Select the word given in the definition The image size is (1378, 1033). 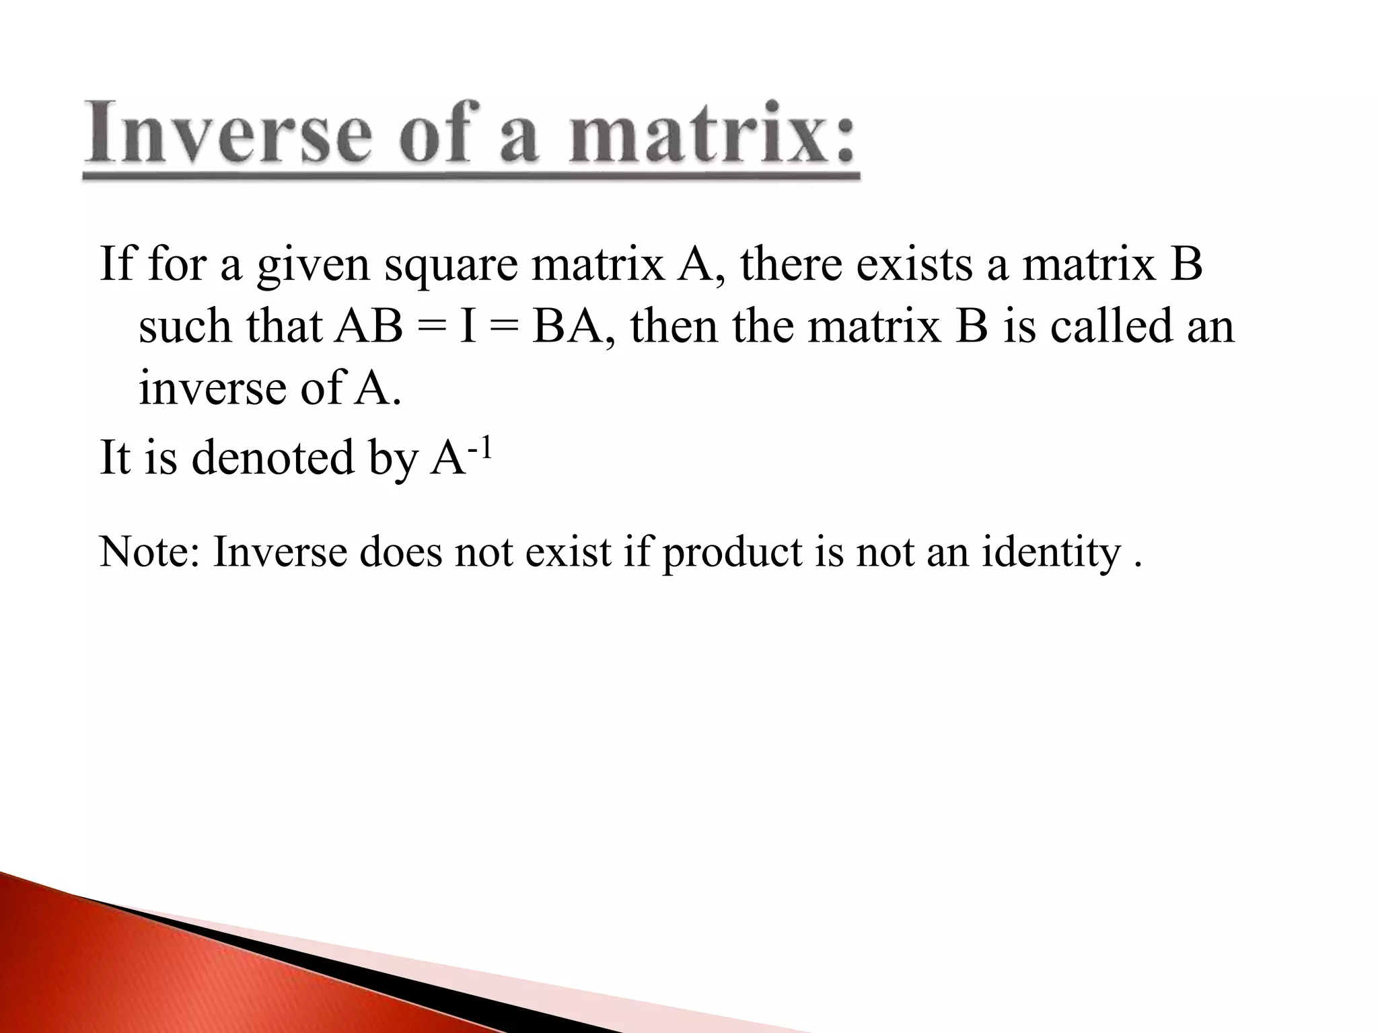tap(313, 265)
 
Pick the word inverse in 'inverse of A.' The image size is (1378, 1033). tap(213, 388)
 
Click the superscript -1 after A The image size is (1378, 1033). tap(480, 449)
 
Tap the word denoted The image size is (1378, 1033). tap(273, 457)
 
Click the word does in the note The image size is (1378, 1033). tap(400, 553)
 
